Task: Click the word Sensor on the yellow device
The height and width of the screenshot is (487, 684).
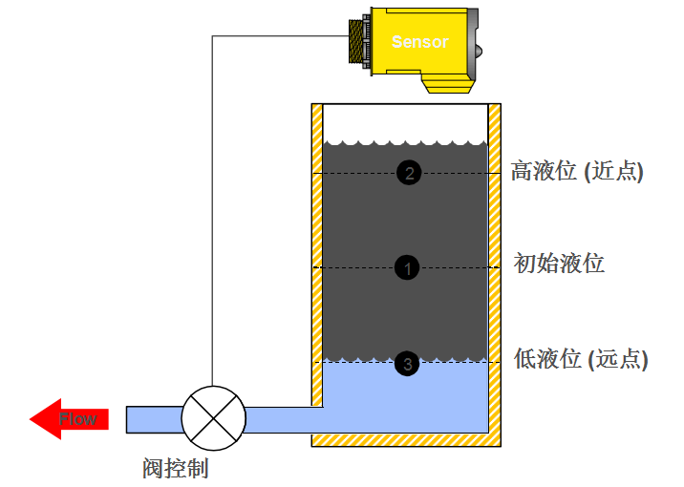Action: tap(419, 42)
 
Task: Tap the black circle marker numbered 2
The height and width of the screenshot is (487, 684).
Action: tap(409, 173)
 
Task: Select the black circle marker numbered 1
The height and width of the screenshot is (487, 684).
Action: tap(407, 268)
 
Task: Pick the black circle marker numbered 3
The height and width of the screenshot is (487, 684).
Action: tap(408, 364)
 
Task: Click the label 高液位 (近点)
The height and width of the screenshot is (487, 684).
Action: tap(577, 172)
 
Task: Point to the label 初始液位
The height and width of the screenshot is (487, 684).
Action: tap(559, 264)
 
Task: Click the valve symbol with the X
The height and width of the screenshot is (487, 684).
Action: tap(213, 418)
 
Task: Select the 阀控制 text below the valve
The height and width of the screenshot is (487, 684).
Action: tap(175, 468)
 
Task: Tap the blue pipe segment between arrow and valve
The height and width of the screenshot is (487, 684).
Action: tap(153, 418)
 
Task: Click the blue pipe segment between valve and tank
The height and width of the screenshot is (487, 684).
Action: tap(283, 418)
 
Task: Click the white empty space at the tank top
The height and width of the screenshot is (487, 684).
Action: tap(406, 121)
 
